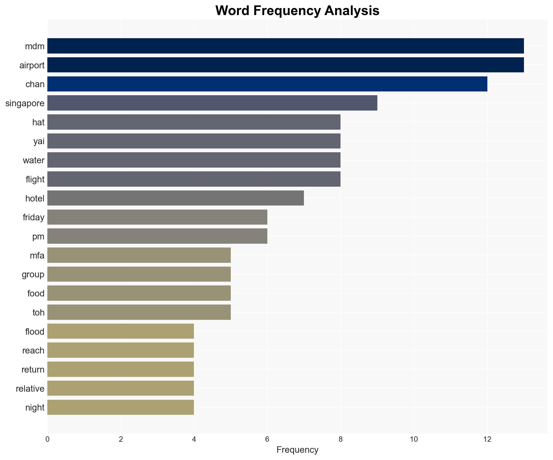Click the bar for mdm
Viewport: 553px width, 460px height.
[x=285, y=46]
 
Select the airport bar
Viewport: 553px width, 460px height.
[x=285, y=65]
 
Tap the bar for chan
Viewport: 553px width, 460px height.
[x=267, y=84]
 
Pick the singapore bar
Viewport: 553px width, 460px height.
[x=212, y=103]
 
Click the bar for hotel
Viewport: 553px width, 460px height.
[x=175, y=198]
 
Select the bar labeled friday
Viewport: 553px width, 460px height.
[x=157, y=217]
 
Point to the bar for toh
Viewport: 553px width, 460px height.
[x=139, y=312]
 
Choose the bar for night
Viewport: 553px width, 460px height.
[x=120, y=407]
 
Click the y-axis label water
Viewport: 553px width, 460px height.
[x=34, y=160]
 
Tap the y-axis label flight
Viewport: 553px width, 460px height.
[x=35, y=179]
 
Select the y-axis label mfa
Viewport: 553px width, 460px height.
[x=37, y=255]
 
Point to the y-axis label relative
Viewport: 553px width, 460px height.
[x=30, y=388]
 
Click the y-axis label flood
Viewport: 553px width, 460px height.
[x=35, y=331]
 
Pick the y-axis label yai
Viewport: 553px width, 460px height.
[x=39, y=141]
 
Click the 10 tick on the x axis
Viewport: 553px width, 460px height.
[x=414, y=439]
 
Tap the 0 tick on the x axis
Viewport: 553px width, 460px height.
[x=48, y=439]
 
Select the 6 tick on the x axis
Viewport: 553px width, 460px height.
[x=267, y=439]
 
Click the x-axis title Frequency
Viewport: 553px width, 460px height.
[x=297, y=450]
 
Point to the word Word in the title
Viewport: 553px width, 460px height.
[x=232, y=11]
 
